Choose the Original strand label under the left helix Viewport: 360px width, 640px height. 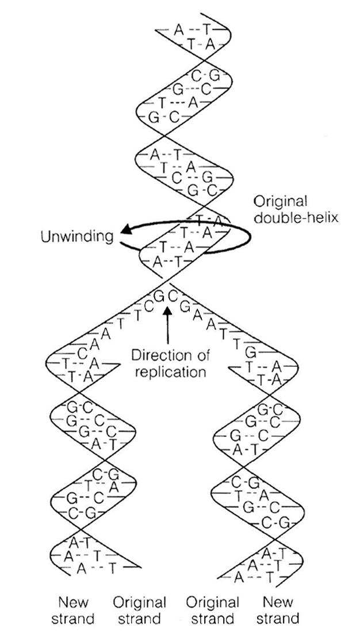pyautogui.click(x=139, y=610)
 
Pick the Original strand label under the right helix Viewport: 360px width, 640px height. pyautogui.click(x=212, y=610)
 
